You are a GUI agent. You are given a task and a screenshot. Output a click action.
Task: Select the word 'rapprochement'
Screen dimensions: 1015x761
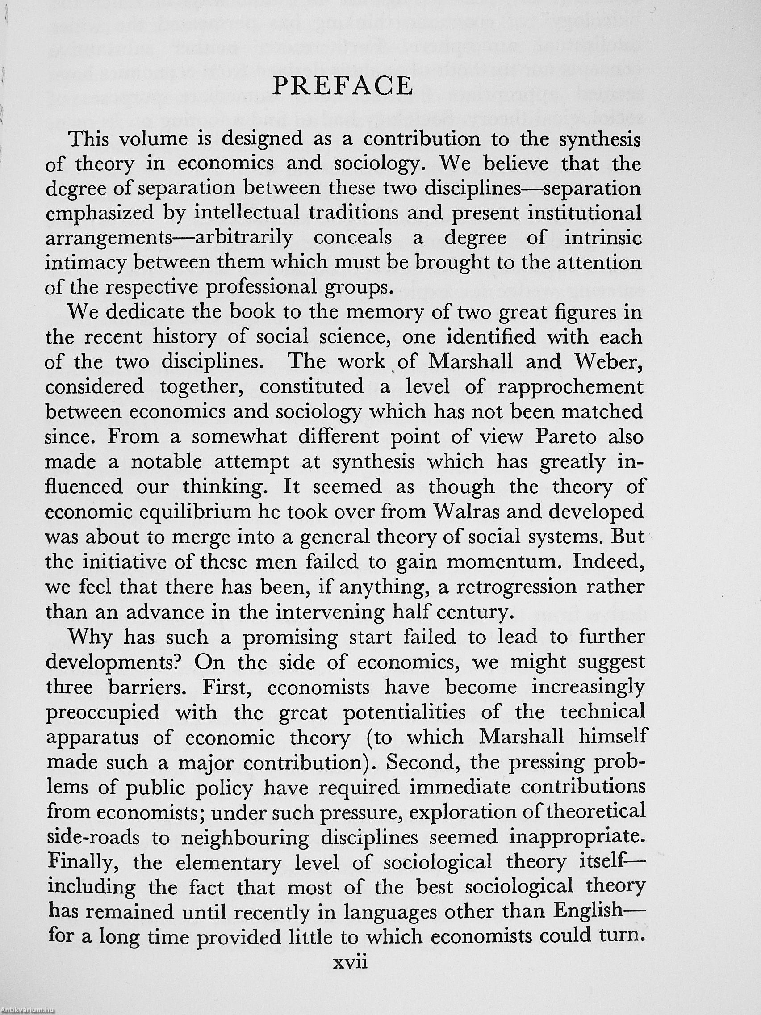(x=571, y=387)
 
